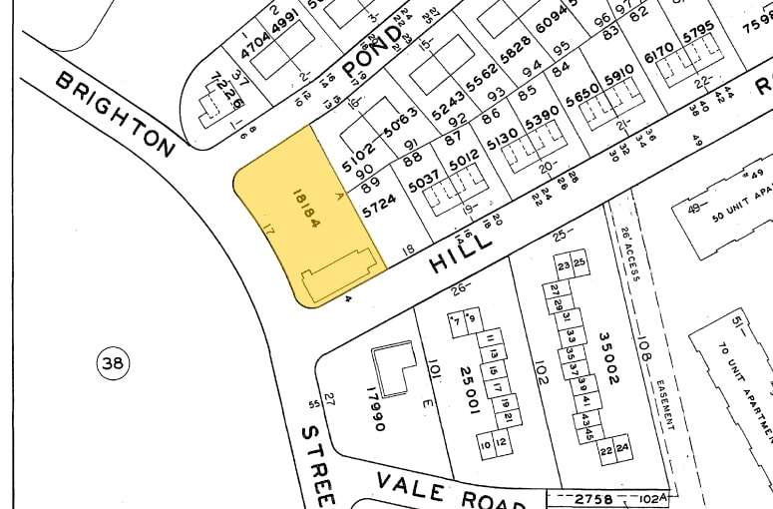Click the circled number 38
(112, 364)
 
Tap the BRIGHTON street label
(115, 112)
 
